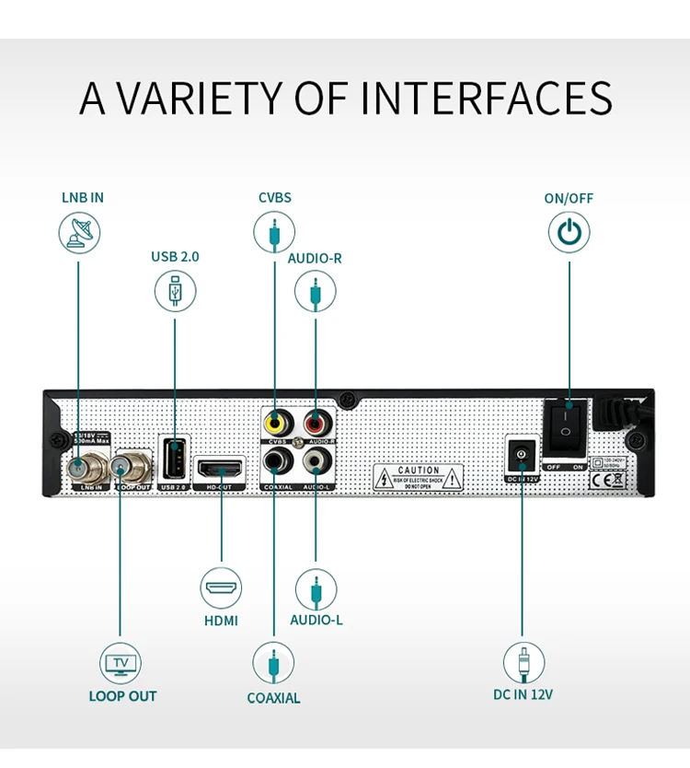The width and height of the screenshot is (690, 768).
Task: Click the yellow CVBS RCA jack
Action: pyautogui.click(x=275, y=424)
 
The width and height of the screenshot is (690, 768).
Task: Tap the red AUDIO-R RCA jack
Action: pyautogui.click(x=316, y=425)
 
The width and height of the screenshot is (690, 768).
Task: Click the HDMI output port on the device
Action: pyautogui.click(x=222, y=466)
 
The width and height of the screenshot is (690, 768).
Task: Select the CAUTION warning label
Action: pyautogui.click(x=419, y=477)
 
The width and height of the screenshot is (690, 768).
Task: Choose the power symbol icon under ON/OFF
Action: pyautogui.click(x=569, y=231)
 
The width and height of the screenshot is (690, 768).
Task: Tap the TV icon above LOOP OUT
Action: pyautogui.click(x=121, y=663)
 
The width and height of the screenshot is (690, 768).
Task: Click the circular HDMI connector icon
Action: pyautogui.click(x=222, y=588)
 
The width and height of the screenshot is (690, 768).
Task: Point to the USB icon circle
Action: pyautogui.click(x=175, y=291)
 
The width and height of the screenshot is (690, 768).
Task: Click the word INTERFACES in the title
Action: pyautogui.click(x=486, y=98)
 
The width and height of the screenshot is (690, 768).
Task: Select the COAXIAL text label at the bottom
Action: pyautogui.click(x=273, y=698)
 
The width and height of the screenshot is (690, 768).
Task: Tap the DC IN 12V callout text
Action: pyautogui.click(x=523, y=695)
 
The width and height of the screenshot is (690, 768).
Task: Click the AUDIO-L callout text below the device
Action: pyautogui.click(x=316, y=620)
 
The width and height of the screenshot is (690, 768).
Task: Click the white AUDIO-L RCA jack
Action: pyautogui.click(x=316, y=458)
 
